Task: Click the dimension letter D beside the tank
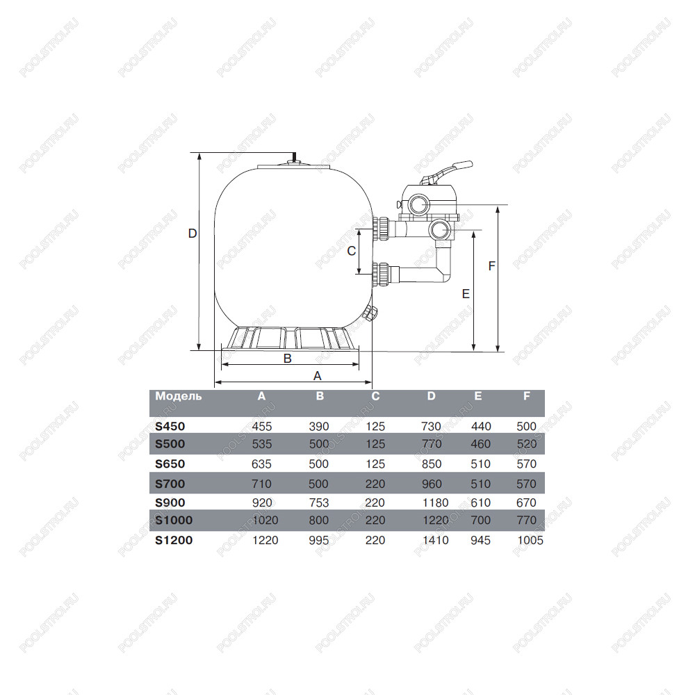[193, 233]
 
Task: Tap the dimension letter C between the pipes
[352, 251]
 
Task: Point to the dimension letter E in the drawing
[466, 294]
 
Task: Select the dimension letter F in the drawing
[491, 266]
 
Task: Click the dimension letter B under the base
[287, 358]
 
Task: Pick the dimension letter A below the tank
[317, 376]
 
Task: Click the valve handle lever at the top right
[448, 171]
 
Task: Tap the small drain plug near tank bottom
[370, 313]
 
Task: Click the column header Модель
[178, 396]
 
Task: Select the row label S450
[170, 427]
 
